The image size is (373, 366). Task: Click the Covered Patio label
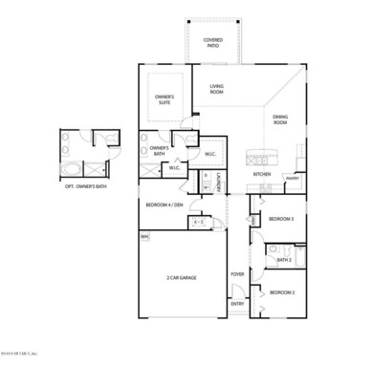pos(213,43)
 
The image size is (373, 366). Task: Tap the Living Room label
pos(216,90)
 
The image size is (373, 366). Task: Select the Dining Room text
pos(280,120)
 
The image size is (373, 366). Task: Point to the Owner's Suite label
pos(165,99)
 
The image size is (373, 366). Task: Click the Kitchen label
pos(262,175)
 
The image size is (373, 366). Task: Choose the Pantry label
pos(293,178)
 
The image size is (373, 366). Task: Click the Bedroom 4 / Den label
pos(164,205)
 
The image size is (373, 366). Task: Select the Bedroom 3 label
pos(281,219)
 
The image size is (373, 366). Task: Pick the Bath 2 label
pos(284,259)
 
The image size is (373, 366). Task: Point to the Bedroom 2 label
pos(281,291)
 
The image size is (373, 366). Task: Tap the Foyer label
pos(237,273)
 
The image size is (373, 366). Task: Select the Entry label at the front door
pos(237,305)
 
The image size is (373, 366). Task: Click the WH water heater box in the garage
pos(145,237)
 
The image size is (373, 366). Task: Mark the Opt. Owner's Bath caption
pos(85,187)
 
